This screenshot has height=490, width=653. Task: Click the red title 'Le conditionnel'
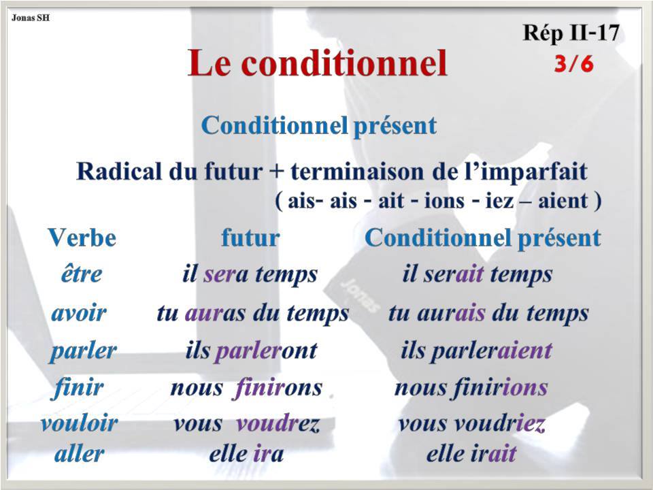point(318,63)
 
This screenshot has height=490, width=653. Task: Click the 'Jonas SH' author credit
point(29,17)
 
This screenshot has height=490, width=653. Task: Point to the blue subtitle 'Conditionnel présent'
point(318,126)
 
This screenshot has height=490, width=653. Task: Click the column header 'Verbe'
point(82,238)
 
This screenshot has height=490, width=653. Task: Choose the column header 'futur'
point(250,238)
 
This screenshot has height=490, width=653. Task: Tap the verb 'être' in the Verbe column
point(81,274)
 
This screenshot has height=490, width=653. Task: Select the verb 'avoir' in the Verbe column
point(79,313)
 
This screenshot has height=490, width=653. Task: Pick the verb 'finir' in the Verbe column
point(78,388)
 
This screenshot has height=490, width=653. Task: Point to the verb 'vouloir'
point(79,423)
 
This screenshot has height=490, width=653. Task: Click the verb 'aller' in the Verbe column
point(79,454)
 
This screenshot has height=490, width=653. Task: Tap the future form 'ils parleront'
point(251,351)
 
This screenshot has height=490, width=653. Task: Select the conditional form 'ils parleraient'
point(476,351)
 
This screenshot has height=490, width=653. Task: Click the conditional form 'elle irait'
point(471,454)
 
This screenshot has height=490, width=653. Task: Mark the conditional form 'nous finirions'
point(471,388)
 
